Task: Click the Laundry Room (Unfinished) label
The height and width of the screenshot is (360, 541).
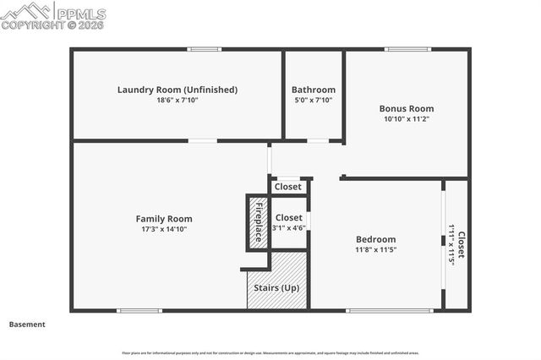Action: pyautogui.click(x=177, y=90)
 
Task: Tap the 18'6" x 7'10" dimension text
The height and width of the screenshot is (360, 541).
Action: pyautogui.click(x=177, y=101)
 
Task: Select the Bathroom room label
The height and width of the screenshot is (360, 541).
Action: pyautogui.click(x=313, y=90)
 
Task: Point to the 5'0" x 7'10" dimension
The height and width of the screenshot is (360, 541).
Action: pyautogui.click(x=313, y=101)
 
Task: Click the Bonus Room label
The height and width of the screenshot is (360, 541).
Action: pyautogui.click(x=406, y=108)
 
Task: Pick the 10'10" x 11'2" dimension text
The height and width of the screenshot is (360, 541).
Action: pyautogui.click(x=406, y=119)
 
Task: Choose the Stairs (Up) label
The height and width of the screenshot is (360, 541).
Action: pyautogui.click(x=276, y=287)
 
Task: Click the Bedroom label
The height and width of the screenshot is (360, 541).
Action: pyautogui.click(x=375, y=239)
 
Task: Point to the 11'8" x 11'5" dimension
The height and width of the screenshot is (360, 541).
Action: pyautogui.click(x=375, y=250)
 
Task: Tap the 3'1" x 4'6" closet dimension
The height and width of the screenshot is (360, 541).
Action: pyautogui.click(x=288, y=227)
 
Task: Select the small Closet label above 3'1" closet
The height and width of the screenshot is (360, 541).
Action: pyautogui.click(x=287, y=187)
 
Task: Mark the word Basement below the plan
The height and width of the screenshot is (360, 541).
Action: pyautogui.click(x=27, y=325)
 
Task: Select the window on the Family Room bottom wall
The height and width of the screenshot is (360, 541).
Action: pyautogui.click(x=139, y=310)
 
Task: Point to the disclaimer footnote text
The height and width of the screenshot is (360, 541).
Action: pyautogui.click(x=270, y=352)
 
